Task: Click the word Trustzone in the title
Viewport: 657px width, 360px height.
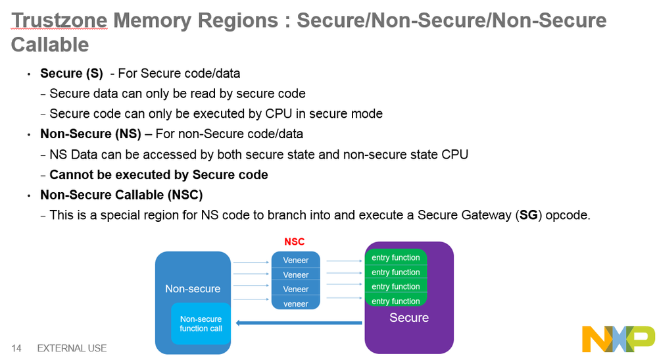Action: [x=59, y=20]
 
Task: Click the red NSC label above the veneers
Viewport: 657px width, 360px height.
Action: [x=295, y=242]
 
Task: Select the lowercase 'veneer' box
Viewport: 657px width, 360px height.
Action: [x=296, y=303]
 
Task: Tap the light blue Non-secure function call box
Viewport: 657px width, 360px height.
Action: [x=201, y=323]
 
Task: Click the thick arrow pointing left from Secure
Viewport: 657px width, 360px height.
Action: [x=299, y=322]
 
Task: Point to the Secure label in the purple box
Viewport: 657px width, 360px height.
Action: [x=409, y=318]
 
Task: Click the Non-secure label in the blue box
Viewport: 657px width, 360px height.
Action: [x=193, y=288]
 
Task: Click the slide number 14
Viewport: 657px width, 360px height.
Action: [x=16, y=348]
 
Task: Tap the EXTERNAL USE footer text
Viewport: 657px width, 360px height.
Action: [x=72, y=348]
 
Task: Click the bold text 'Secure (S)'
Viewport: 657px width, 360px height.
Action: [x=72, y=73]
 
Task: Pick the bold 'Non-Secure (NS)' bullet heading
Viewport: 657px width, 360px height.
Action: [x=91, y=134]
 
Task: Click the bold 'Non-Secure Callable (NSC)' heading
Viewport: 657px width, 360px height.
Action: [x=122, y=195]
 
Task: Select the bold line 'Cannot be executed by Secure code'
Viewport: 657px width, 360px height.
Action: [x=158, y=174]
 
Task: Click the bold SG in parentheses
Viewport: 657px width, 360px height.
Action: [x=528, y=215]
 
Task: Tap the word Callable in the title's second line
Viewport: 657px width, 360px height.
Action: [x=50, y=45]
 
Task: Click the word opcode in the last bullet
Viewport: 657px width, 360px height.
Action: [x=566, y=215]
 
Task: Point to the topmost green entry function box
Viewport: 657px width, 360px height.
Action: [x=396, y=257]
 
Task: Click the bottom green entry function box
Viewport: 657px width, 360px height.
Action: [x=396, y=301]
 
